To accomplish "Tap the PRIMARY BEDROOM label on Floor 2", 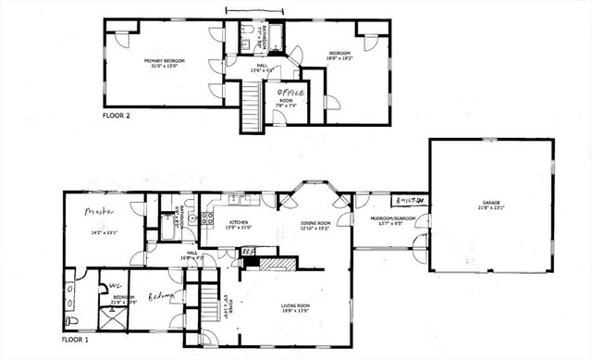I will click(164, 62).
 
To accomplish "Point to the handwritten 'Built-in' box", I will click(408, 201).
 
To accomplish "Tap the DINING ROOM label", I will click(315, 223).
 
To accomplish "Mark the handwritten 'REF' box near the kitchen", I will click(247, 250).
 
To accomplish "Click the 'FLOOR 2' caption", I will click(117, 118).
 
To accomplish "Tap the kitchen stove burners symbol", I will click(206, 220).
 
